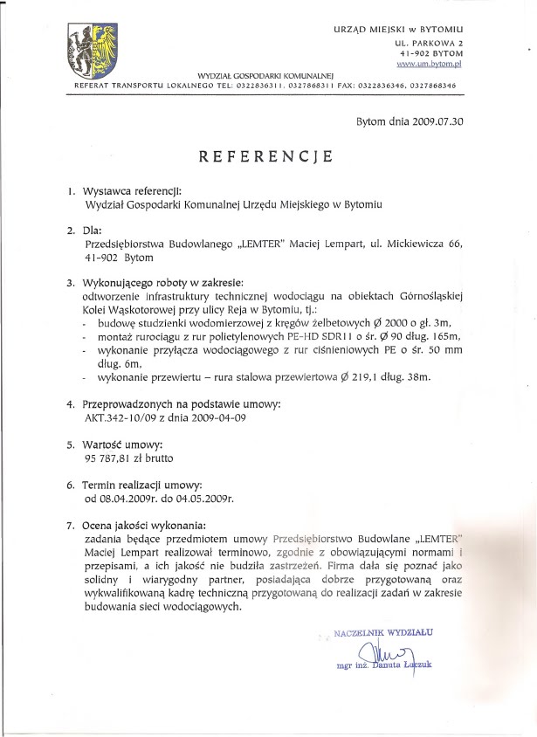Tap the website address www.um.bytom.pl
(x=429, y=65)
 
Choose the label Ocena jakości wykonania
(x=146, y=526)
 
